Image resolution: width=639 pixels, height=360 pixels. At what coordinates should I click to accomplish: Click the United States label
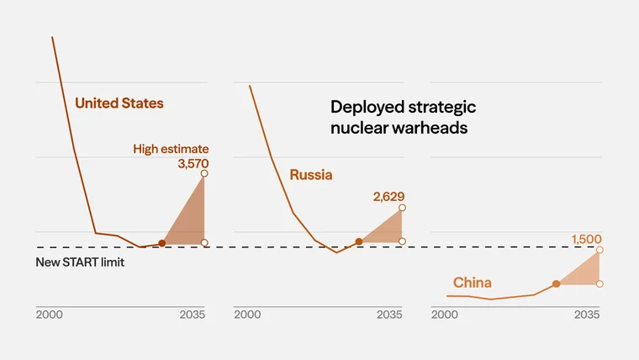[x=119, y=103]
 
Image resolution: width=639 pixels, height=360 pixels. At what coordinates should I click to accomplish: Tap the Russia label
[x=311, y=175]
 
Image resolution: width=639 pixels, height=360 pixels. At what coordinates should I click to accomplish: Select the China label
[x=472, y=283]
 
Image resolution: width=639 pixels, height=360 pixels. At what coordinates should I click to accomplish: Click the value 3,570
[x=193, y=164]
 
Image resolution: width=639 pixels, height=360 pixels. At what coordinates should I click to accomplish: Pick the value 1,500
[x=587, y=239]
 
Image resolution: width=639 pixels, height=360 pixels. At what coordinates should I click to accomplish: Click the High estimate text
[x=171, y=149]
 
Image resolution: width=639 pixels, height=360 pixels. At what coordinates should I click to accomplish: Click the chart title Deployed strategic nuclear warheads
[x=403, y=118]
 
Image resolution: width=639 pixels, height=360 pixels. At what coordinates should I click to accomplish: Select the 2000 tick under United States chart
[x=49, y=315]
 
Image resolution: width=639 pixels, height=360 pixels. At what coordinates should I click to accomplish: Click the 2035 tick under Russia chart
[x=388, y=315]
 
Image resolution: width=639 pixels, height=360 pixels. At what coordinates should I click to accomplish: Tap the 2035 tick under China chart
[x=586, y=315]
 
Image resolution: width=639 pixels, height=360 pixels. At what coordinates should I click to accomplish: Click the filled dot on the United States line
[x=161, y=242]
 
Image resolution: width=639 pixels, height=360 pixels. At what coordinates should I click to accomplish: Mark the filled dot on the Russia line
[x=359, y=241]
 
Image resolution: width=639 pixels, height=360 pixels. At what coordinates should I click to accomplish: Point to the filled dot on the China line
[x=556, y=284]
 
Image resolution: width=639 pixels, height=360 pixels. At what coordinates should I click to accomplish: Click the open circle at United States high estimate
[x=204, y=174]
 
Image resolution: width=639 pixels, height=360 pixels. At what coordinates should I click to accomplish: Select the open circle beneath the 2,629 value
[x=402, y=207]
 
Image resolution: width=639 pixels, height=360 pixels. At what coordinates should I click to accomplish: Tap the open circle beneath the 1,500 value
[x=599, y=250]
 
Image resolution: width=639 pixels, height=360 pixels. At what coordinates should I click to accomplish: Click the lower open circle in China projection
[x=599, y=284]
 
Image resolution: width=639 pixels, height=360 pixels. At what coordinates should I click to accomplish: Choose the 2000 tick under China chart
[x=444, y=315]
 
